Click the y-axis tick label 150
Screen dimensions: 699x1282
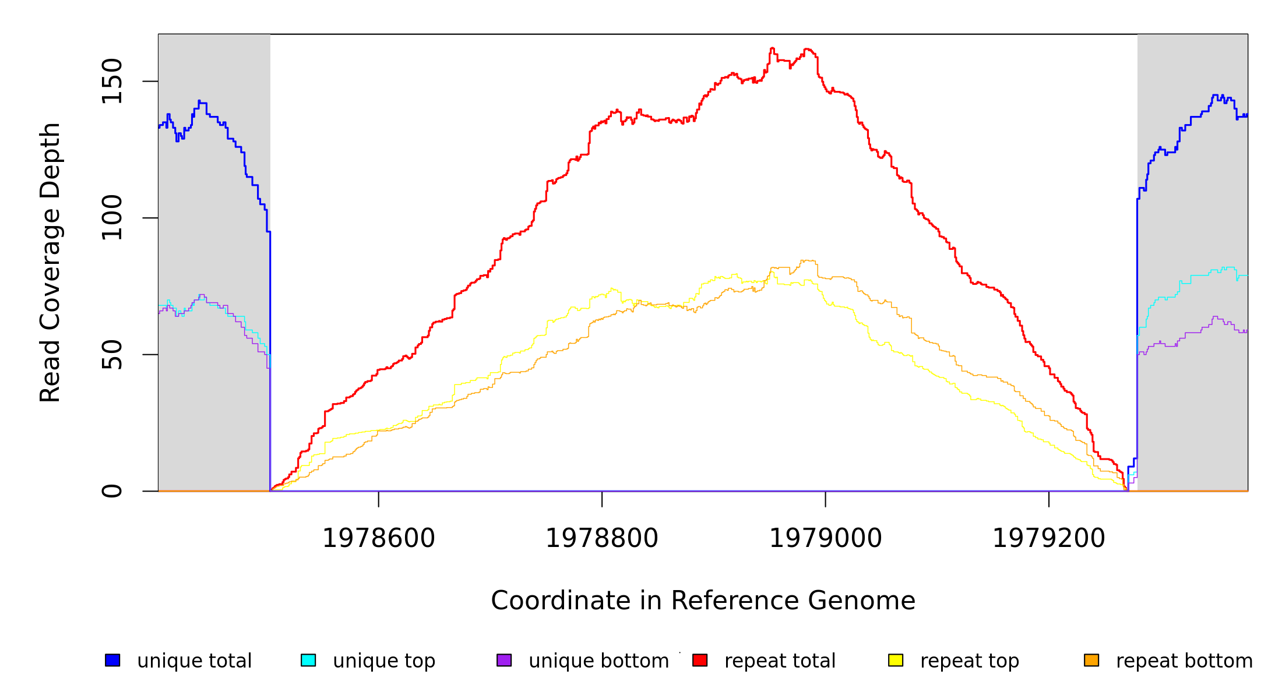coord(112,81)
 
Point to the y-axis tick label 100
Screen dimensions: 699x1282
coord(112,218)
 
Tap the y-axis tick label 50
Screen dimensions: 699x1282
coord(112,355)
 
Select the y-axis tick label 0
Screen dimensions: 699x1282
coord(112,491)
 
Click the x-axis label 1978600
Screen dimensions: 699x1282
coord(379,538)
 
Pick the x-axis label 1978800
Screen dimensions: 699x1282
coord(602,538)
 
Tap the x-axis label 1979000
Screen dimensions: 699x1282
coord(826,538)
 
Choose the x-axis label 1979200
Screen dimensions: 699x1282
coord(1049,538)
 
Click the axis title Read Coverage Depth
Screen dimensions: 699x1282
coord(50,262)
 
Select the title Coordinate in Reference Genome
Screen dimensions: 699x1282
coord(703,601)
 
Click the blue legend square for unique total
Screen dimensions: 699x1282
coord(112,660)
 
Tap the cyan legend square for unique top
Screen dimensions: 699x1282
coord(308,660)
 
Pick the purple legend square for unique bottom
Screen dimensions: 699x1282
coord(504,660)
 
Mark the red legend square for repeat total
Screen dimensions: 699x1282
coord(700,660)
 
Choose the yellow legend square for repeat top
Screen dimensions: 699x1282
coord(896,660)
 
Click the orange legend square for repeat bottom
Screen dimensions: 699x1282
coord(1091,660)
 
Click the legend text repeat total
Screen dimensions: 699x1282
coord(780,661)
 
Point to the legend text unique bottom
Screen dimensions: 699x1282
coord(598,661)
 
